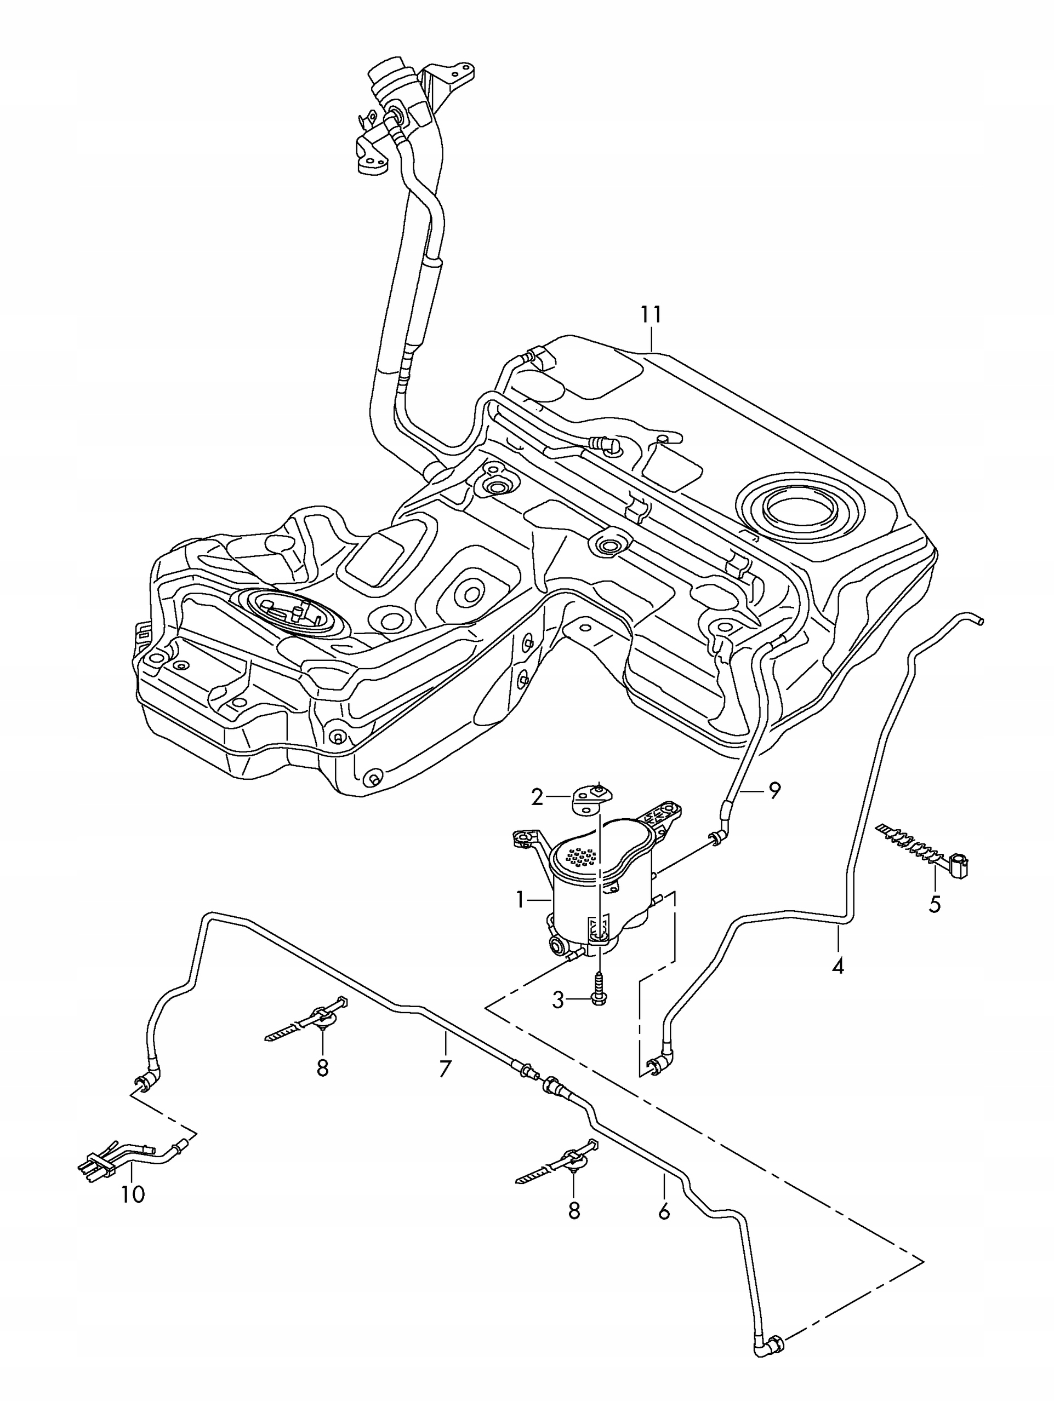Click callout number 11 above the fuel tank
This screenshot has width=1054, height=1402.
pyautogui.click(x=651, y=314)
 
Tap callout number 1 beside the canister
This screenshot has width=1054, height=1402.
pyautogui.click(x=520, y=899)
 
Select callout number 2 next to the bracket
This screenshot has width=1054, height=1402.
pyautogui.click(x=537, y=797)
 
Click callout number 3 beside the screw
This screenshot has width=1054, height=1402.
pyautogui.click(x=557, y=1000)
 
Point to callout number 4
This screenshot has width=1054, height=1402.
pyautogui.click(x=837, y=966)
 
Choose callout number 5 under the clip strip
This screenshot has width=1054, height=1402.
pyautogui.click(x=934, y=903)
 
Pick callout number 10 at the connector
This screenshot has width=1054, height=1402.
pyautogui.click(x=133, y=1194)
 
